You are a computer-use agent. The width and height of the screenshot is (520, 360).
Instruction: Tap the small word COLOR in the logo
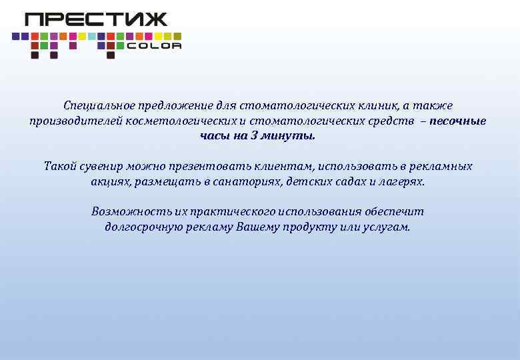click(x=153, y=46)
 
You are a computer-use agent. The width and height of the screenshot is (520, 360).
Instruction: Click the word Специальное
click(x=93, y=106)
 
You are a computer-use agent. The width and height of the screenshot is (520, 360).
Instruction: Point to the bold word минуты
click(x=290, y=136)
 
